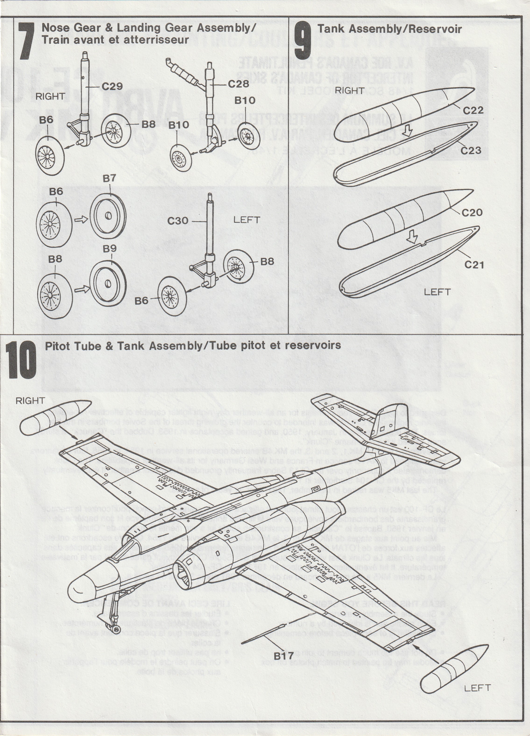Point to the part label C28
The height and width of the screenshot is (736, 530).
pos(238,84)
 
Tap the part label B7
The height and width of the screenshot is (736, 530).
pos(109,179)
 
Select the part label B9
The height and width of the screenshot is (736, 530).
pos(110,249)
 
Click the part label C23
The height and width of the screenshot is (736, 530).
pos(471,151)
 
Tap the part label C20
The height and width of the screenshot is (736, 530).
pos(472,213)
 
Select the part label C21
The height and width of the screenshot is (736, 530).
pos(474,265)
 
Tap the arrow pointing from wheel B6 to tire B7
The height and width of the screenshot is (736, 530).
pos(81,220)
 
